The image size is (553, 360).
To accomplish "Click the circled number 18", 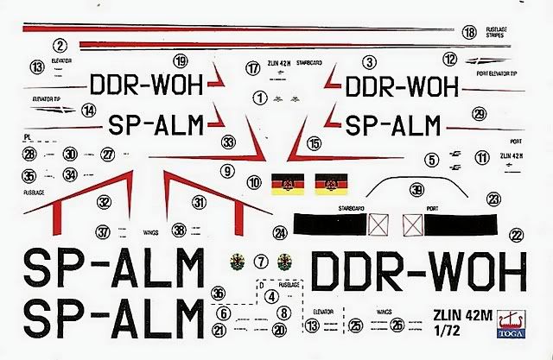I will point(468,33).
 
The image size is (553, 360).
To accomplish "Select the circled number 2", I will point(60,47).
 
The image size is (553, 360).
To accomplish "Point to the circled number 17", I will point(252,67).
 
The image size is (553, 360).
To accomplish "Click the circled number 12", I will point(450,60).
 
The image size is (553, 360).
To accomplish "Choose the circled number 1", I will point(259,98).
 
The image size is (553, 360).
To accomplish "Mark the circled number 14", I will point(88,110).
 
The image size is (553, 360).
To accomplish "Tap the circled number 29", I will point(479,113).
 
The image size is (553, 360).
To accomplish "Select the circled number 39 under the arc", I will point(417,190).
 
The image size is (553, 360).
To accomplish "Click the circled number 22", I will point(516,233).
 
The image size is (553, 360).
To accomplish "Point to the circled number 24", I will point(279,232).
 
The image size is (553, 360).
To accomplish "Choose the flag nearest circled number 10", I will point(285,184).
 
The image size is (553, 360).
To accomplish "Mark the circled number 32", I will point(104,200).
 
